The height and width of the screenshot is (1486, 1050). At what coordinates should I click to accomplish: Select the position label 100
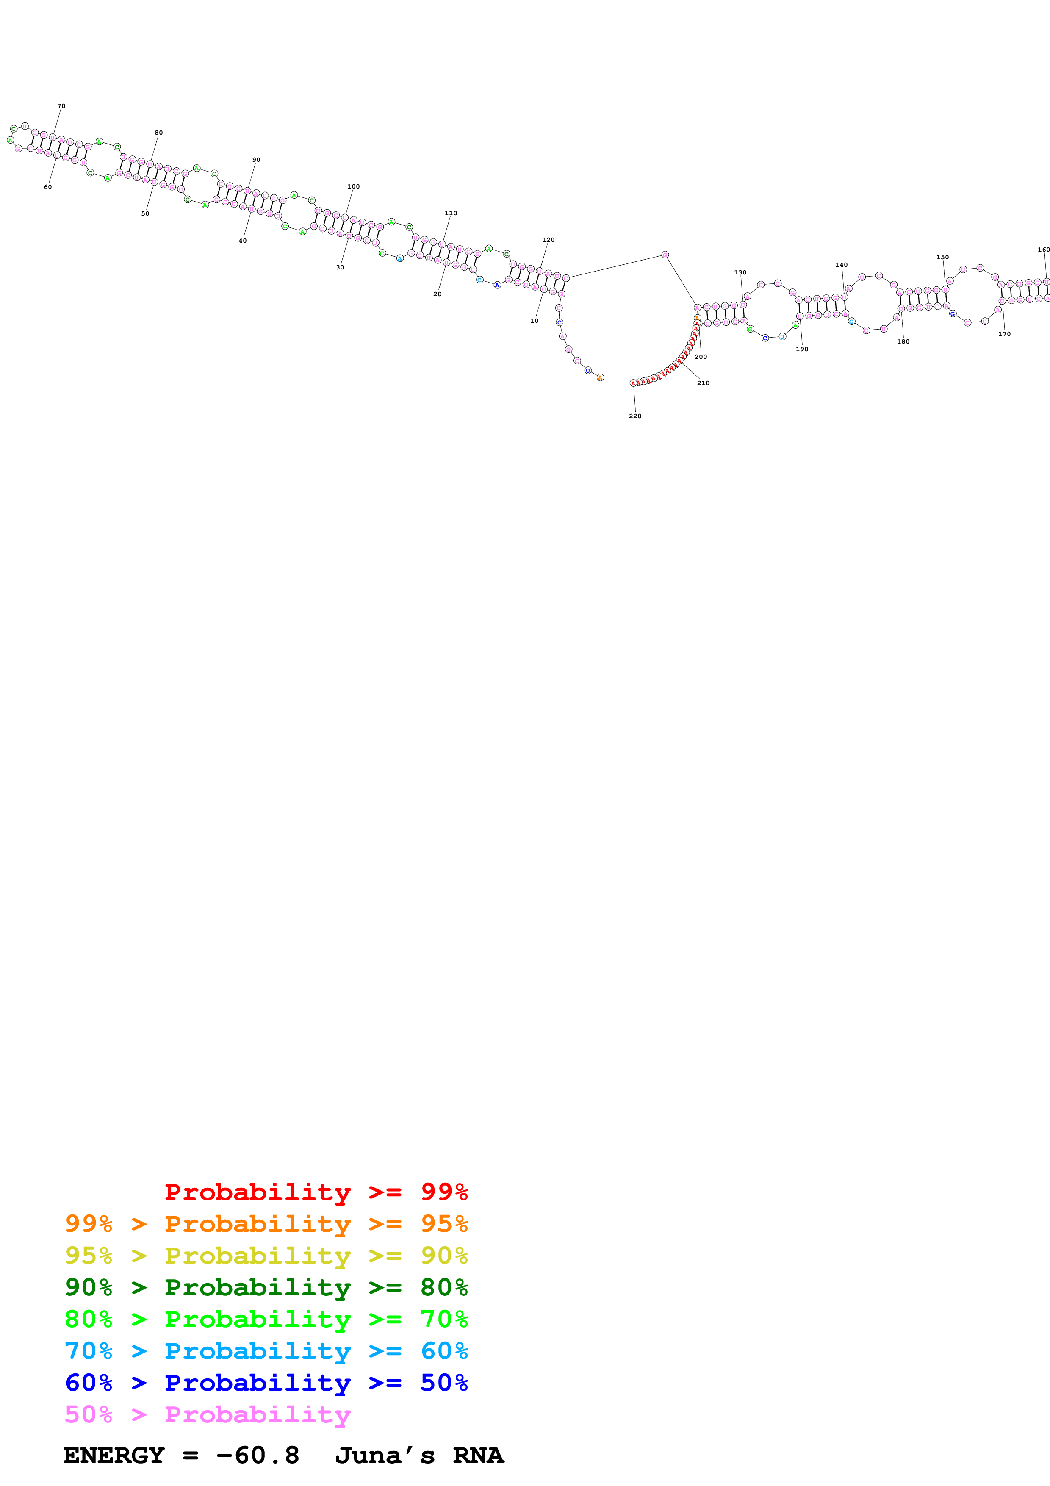click(x=353, y=186)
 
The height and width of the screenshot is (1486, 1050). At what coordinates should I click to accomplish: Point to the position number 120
click(x=548, y=239)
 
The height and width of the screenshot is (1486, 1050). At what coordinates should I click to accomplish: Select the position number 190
click(x=801, y=349)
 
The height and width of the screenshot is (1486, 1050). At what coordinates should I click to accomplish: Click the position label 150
click(x=942, y=258)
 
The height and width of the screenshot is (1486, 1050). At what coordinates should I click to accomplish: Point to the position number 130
click(x=740, y=272)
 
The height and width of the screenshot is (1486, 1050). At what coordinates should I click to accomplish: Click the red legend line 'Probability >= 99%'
click(x=316, y=1192)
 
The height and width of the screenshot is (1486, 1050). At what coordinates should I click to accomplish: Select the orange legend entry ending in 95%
click(x=266, y=1224)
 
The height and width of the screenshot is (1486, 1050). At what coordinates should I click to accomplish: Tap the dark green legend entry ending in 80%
click(x=266, y=1287)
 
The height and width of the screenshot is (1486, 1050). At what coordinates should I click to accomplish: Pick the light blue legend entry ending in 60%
click(x=266, y=1351)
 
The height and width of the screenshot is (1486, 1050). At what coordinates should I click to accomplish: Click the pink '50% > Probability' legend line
click(x=208, y=1414)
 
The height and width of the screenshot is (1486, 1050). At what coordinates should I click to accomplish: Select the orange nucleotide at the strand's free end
click(x=600, y=377)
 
